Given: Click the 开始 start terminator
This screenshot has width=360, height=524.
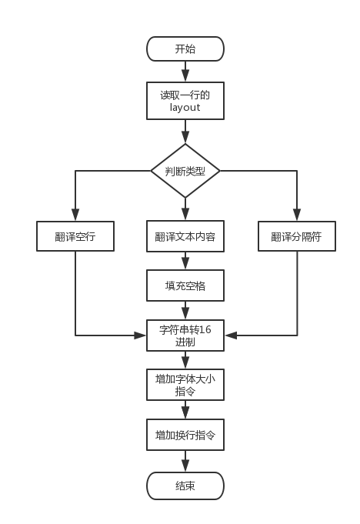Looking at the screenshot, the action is pyautogui.click(x=185, y=48).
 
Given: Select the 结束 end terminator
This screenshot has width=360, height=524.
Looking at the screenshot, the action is pyautogui.click(x=185, y=486).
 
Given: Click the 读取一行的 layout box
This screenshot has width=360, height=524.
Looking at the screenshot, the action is pyautogui.click(x=185, y=101).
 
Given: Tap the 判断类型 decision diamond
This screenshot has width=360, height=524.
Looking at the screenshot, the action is pyautogui.click(x=185, y=171).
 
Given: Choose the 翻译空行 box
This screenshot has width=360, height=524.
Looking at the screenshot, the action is pyautogui.click(x=75, y=236).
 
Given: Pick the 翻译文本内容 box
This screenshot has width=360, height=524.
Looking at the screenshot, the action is pyautogui.click(x=185, y=236).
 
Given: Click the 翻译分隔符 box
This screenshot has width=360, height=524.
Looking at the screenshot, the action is pyautogui.click(x=297, y=236).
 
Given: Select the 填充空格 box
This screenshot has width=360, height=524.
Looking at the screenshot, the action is pyautogui.click(x=185, y=285).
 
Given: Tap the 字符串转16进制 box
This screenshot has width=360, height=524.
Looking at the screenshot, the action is pyautogui.click(x=185, y=335).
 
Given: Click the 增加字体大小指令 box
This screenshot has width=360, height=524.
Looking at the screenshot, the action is pyautogui.click(x=185, y=385).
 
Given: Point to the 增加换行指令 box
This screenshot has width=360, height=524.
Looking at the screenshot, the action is pyautogui.click(x=185, y=435).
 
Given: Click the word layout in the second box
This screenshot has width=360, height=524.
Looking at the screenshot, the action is pyautogui.click(x=185, y=108).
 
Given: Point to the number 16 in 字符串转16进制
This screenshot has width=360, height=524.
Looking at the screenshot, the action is pyautogui.click(x=205, y=329).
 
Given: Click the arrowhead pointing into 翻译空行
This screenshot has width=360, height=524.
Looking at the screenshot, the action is pyautogui.click(x=75, y=215).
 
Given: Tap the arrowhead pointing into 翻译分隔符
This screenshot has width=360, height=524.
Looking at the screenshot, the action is pyautogui.click(x=297, y=215).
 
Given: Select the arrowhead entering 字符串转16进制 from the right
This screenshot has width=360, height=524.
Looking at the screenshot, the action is pyautogui.click(x=231, y=335).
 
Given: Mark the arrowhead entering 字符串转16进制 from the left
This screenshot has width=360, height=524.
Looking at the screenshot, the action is pyautogui.click(x=140, y=335).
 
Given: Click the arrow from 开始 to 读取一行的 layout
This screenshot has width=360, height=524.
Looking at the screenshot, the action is pyautogui.click(x=185, y=72).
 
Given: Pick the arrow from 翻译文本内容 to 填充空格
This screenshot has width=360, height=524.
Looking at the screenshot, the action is pyautogui.click(x=185, y=261).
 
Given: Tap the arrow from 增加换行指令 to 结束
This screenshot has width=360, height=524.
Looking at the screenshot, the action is pyautogui.click(x=185, y=461).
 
